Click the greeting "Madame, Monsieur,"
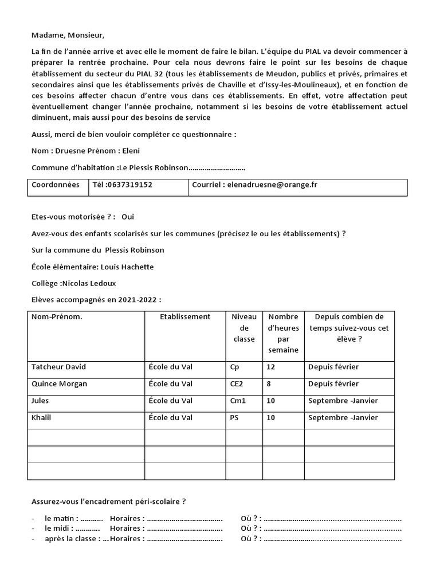click(x=68, y=35)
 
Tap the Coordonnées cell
click(x=56, y=185)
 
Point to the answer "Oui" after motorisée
click(x=128, y=217)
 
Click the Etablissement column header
click(x=185, y=316)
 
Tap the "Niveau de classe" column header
click(x=244, y=328)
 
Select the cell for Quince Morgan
click(x=60, y=383)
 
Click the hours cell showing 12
click(x=271, y=367)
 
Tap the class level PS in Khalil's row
click(x=234, y=417)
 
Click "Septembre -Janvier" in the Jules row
click(x=343, y=401)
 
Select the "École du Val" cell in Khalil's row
click(x=170, y=417)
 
